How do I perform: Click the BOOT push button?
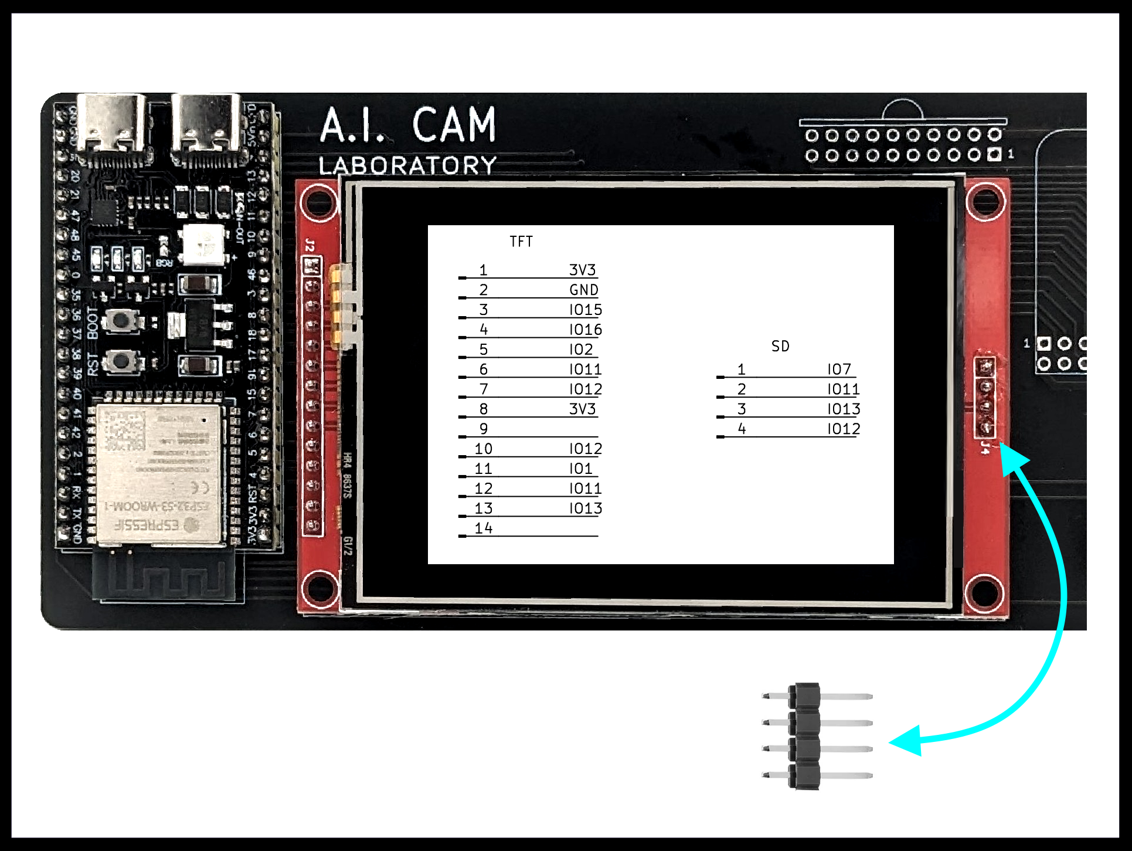(121, 321)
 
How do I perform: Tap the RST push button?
(121, 361)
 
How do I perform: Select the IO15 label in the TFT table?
(585, 310)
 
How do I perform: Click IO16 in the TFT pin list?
(585, 330)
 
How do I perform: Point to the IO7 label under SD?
(839, 369)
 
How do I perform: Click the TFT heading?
(521, 242)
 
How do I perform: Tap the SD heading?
(780, 346)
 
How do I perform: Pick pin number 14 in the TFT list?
(484, 528)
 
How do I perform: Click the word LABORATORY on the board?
(407, 165)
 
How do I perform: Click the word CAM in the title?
(454, 125)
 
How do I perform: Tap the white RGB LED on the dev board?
(203, 243)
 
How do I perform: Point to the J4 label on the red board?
(985, 449)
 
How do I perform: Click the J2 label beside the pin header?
(310, 245)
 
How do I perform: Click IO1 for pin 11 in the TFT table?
(580, 469)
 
